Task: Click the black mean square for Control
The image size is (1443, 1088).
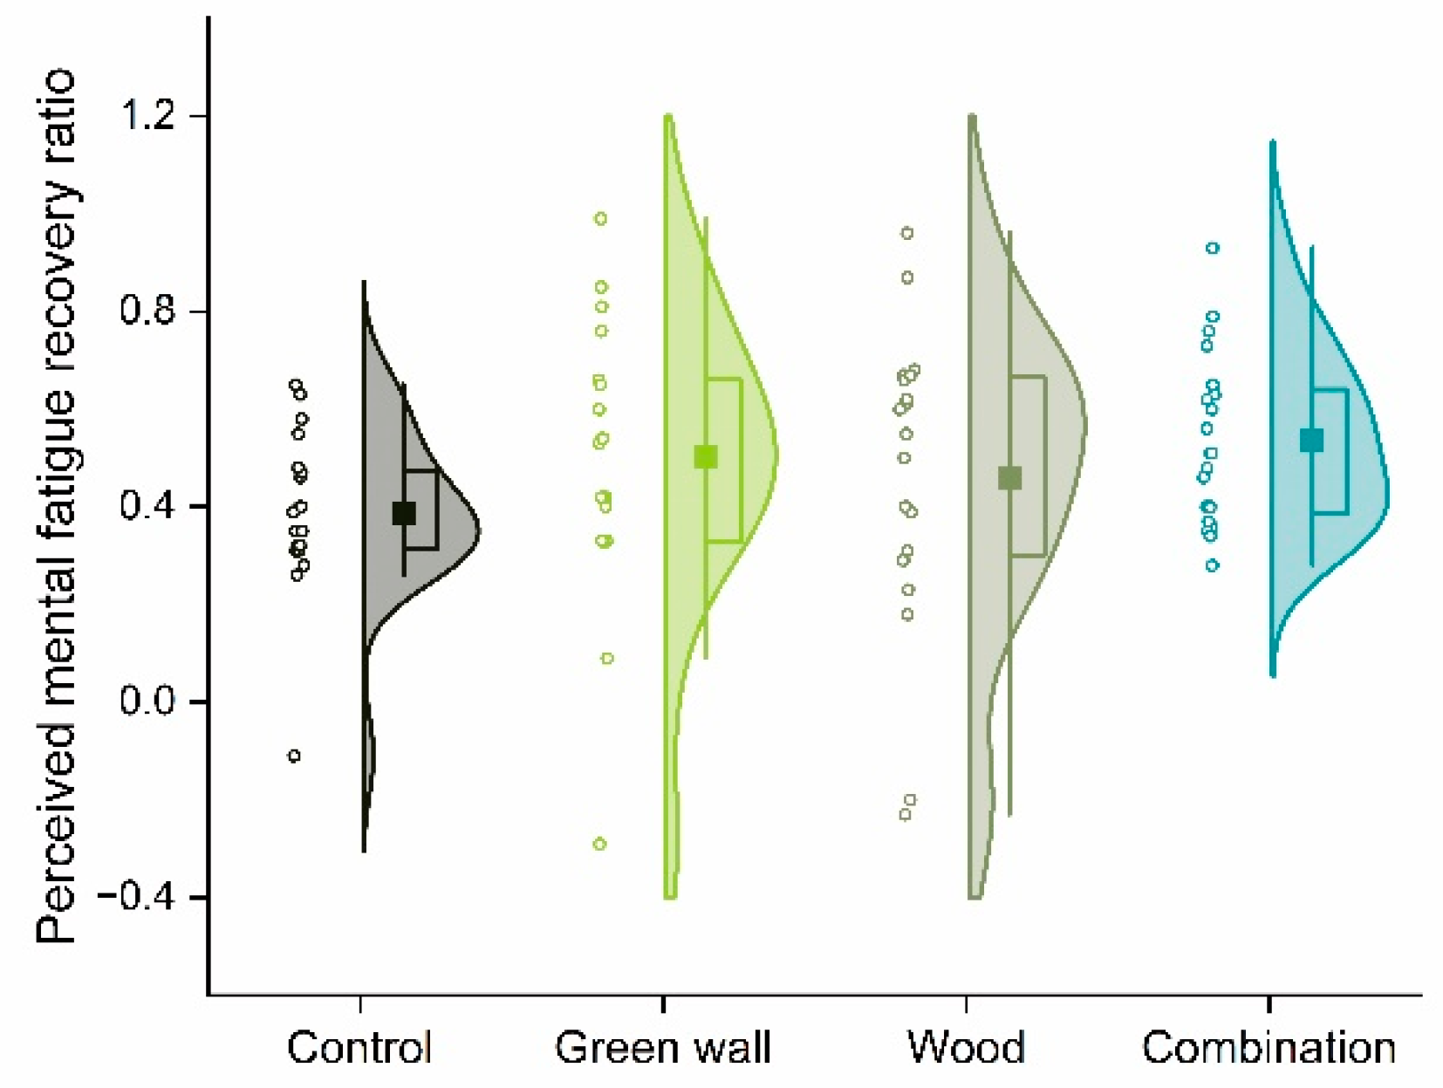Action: click(x=404, y=513)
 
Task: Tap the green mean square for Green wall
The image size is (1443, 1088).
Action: click(x=706, y=456)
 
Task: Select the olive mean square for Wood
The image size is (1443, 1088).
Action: click(x=1009, y=478)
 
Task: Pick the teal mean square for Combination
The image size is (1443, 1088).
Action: click(x=1311, y=441)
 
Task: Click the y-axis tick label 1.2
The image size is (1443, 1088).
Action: click(x=149, y=115)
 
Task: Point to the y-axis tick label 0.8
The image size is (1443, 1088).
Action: click(x=149, y=311)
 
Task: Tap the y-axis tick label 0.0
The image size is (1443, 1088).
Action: click(x=149, y=701)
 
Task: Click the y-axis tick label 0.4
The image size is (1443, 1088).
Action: click(x=149, y=506)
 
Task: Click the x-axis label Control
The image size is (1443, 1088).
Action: click(x=359, y=1047)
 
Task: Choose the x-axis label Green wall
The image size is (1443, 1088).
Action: click(x=663, y=1047)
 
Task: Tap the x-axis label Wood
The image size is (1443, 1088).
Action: click(x=966, y=1047)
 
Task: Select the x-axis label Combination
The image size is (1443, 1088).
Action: click(x=1269, y=1047)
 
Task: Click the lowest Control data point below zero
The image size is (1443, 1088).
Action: click(x=295, y=756)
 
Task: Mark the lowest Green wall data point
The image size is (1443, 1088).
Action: click(x=600, y=844)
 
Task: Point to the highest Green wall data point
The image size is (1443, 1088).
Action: click(x=601, y=219)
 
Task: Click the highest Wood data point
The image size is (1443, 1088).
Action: click(x=907, y=233)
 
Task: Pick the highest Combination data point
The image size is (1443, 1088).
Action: click(x=1213, y=248)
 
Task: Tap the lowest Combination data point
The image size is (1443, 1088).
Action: click(x=1213, y=565)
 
